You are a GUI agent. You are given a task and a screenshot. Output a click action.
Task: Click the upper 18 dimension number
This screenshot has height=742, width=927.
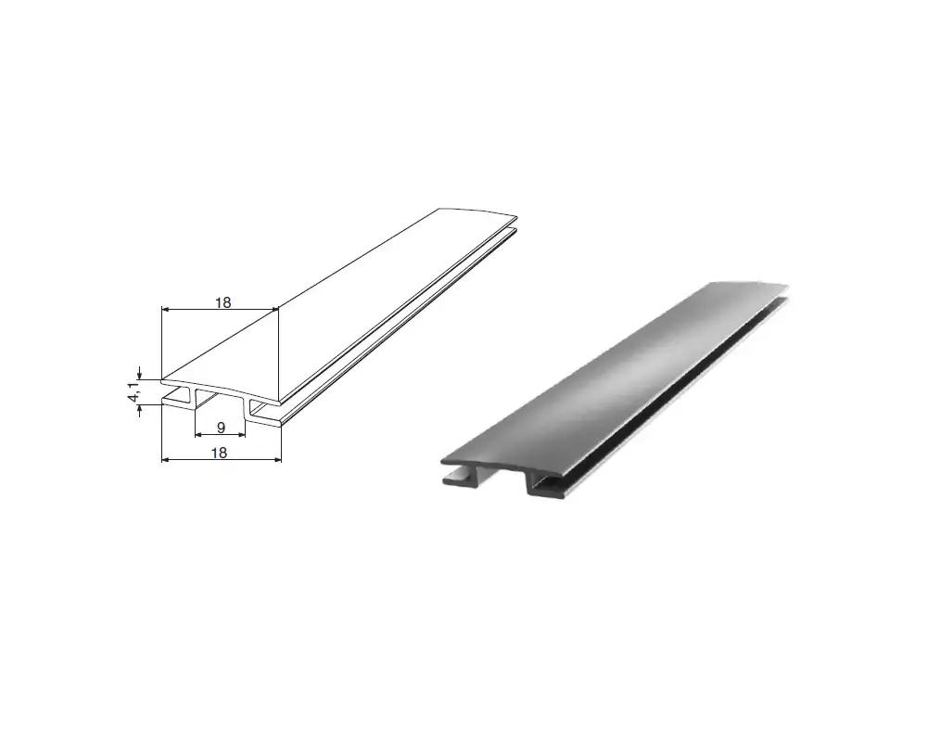(222, 302)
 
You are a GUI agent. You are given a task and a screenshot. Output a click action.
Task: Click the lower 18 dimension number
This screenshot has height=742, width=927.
(219, 453)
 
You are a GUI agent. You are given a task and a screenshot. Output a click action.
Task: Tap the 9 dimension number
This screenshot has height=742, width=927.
(221, 428)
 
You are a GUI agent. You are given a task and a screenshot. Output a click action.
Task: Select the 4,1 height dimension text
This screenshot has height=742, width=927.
(133, 391)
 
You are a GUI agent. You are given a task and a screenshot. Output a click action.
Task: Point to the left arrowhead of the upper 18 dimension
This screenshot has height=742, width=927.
(166, 309)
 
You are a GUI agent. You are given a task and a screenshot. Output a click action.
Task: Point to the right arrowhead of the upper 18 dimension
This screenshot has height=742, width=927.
(273, 309)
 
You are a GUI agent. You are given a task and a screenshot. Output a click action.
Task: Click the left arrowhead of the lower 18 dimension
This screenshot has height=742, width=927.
(166, 459)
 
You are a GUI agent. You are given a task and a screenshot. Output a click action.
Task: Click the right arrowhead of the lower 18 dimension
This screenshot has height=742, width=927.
(276, 459)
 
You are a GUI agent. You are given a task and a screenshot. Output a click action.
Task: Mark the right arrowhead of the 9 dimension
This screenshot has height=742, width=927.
(240, 434)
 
